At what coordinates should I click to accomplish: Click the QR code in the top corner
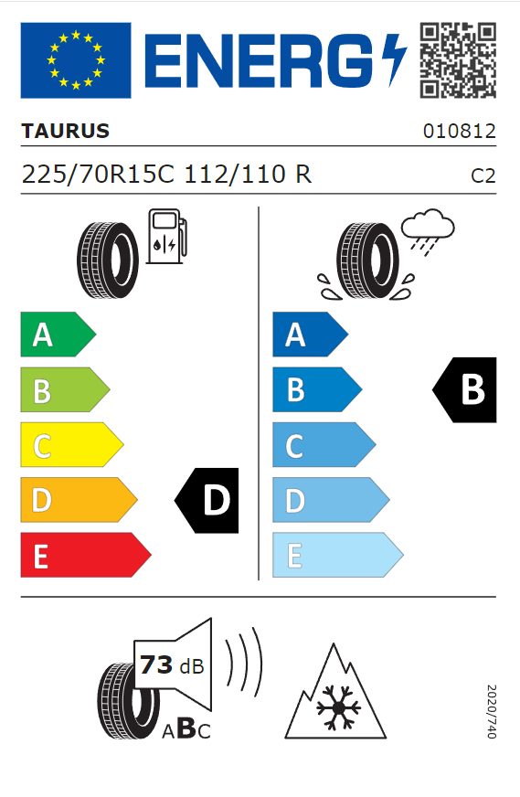click(458, 60)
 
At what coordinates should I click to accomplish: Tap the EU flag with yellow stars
click(76, 60)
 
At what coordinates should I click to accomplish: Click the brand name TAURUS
click(66, 131)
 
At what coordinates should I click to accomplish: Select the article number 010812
click(459, 131)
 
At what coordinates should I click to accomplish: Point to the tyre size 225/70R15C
click(98, 175)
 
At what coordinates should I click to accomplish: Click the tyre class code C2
click(483, 175)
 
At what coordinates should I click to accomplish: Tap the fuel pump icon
click(166, 237)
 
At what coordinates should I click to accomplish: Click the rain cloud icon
click(428, 228)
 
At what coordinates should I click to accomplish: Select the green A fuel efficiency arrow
click(58, 335)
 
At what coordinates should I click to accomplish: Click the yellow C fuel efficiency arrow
click(71, 445)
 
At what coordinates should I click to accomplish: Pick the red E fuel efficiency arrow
click(85, 555)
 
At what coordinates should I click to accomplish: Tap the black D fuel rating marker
click(207, 500)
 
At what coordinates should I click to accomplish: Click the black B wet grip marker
click(464, 390)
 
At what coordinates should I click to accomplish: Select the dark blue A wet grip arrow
click(310, 335)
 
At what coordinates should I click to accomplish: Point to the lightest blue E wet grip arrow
click(337, 555)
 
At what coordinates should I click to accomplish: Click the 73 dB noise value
click(172, 664)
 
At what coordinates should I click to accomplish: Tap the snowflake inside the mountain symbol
click(338, 707)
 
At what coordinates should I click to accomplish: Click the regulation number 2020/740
click(492, 712)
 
